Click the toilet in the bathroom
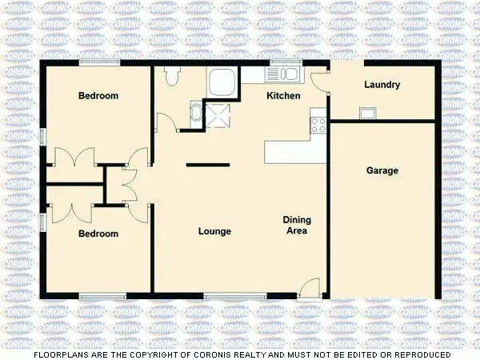point(170,75)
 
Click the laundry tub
point(369,112)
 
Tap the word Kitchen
point(283,96)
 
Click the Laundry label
point(382,85)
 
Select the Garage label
point(382,170)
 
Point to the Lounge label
point(214,232)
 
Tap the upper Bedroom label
point(98,96)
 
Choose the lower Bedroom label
point(98,234)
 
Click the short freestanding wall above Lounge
point(207,165)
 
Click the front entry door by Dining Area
point(311,286)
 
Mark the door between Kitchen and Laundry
point(319,81)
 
